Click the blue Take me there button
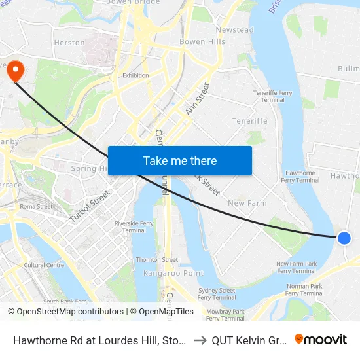[x=180, y=161]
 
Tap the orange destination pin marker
[x=14, y=71]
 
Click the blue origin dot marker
[x=344, y=238]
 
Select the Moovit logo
[x=320, y=339]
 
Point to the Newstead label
[x=234, y=30]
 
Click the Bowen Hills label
[x=202, y=41]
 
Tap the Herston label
[x=69, y=43]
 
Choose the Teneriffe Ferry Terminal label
[x=273, y=97]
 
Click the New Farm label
[x=247, y=203]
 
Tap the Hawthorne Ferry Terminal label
[x=298, y=177]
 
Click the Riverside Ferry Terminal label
[x=134, y=226]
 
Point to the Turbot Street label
[x=88, y=203]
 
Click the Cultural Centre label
[x=44, y=265]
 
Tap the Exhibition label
[x=135, y=75]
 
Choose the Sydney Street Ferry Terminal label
[x=217, y=294]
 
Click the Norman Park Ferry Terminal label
[x=304, y=290]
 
